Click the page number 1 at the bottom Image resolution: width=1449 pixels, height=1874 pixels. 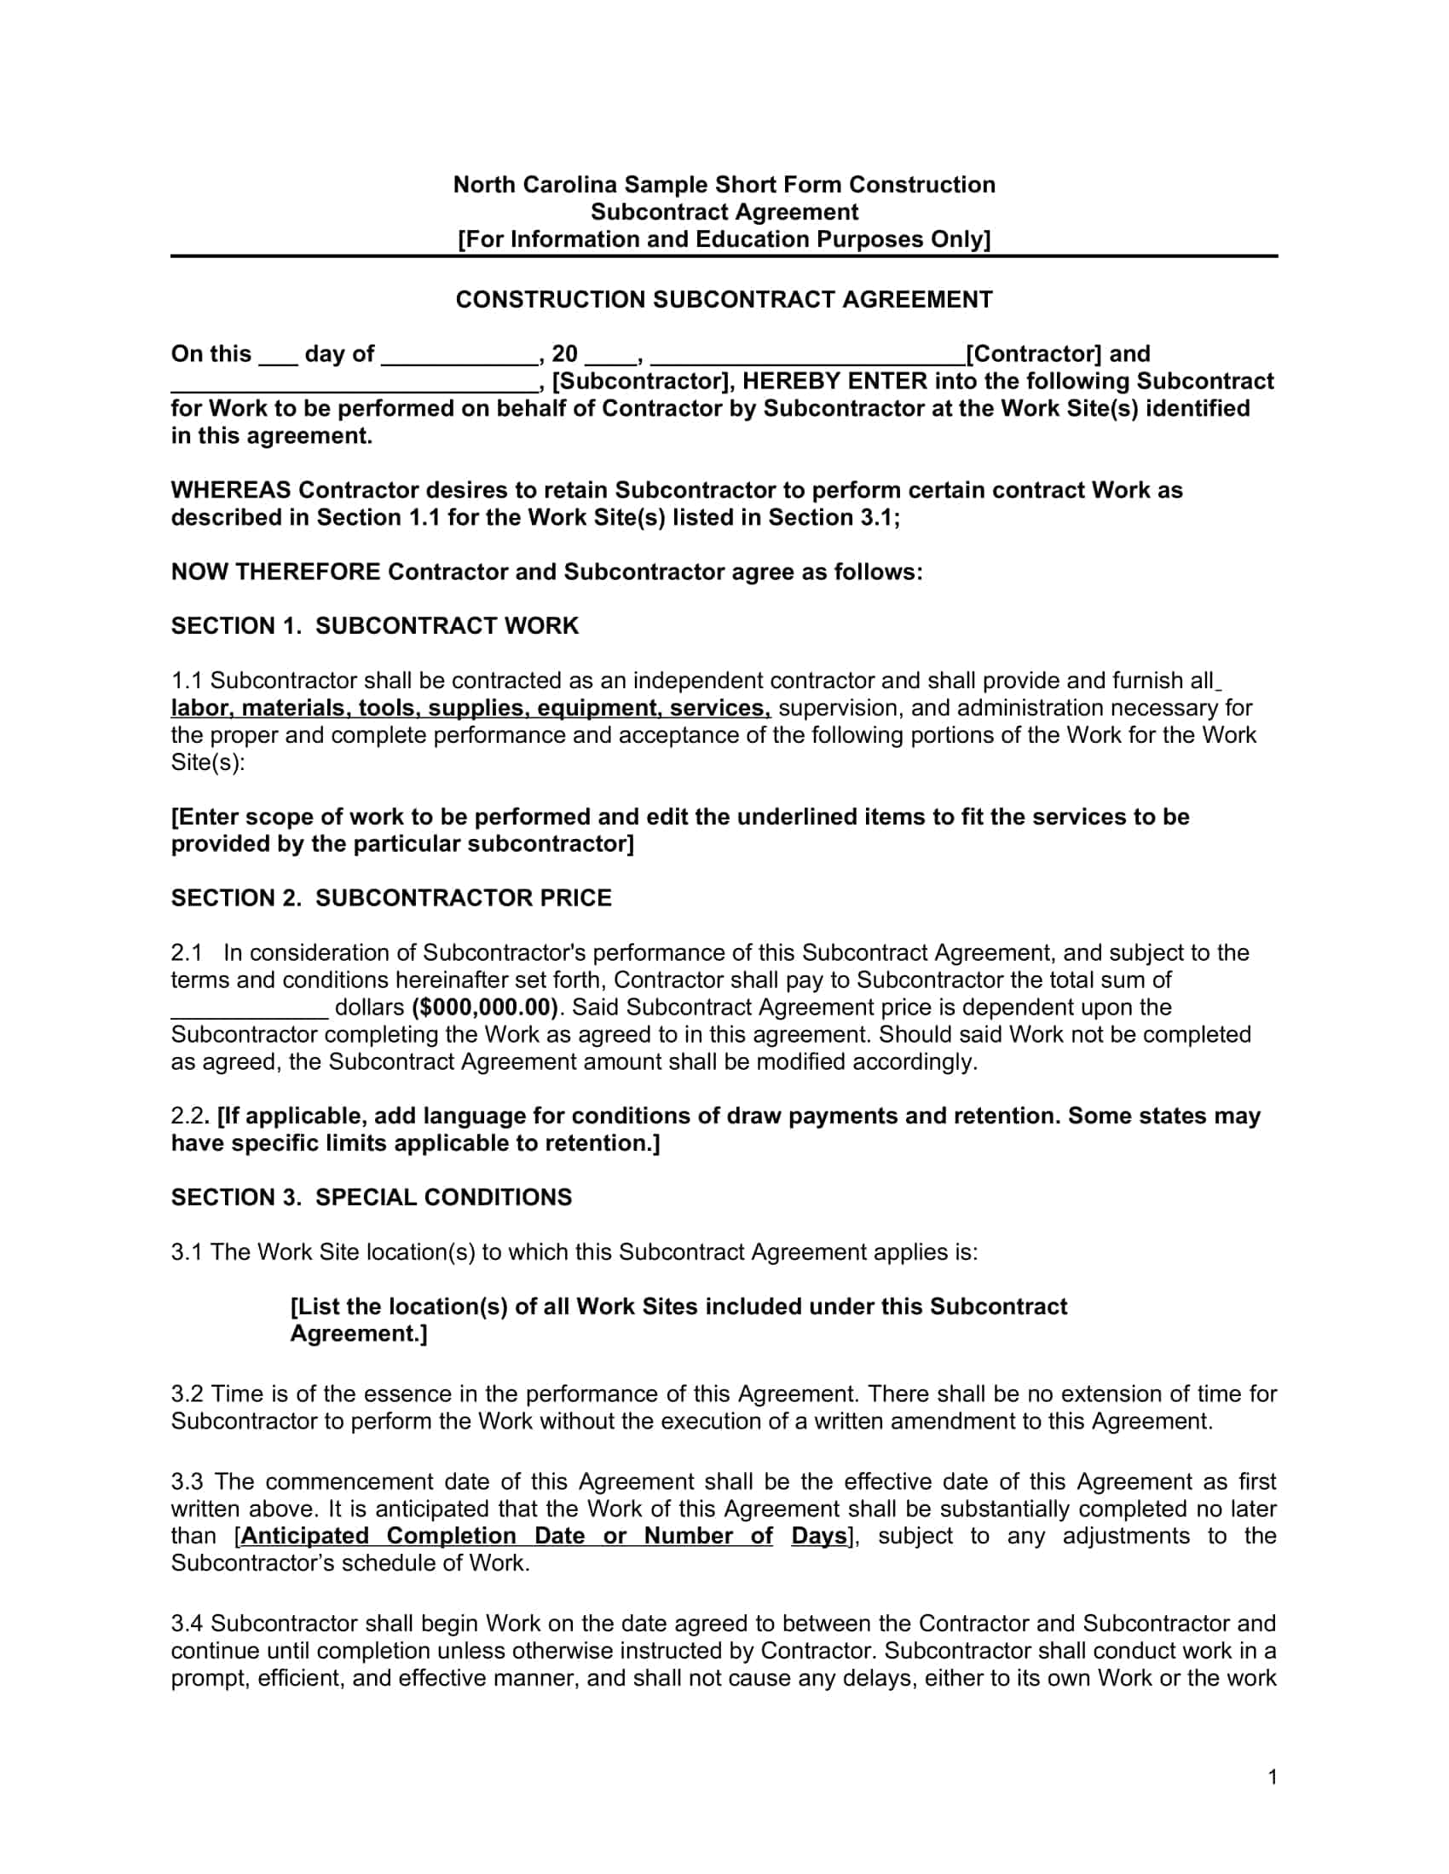point(1273,1777)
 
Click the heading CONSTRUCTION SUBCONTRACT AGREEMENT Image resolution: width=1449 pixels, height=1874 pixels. point(724,300)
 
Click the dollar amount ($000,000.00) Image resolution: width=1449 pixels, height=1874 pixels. point(485,1007)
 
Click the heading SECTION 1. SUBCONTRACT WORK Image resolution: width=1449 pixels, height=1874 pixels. point(374,625)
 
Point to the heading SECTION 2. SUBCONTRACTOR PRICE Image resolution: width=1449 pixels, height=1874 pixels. point(390,898)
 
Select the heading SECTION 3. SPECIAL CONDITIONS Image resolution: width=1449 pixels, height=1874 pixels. point(371,1197)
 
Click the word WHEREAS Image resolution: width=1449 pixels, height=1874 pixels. point(230,490)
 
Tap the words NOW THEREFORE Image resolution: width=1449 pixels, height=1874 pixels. point(274,572)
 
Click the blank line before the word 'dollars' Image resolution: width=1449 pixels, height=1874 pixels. point(249,1013)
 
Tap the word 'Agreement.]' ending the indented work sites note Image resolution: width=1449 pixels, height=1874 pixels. point(358,1333)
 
